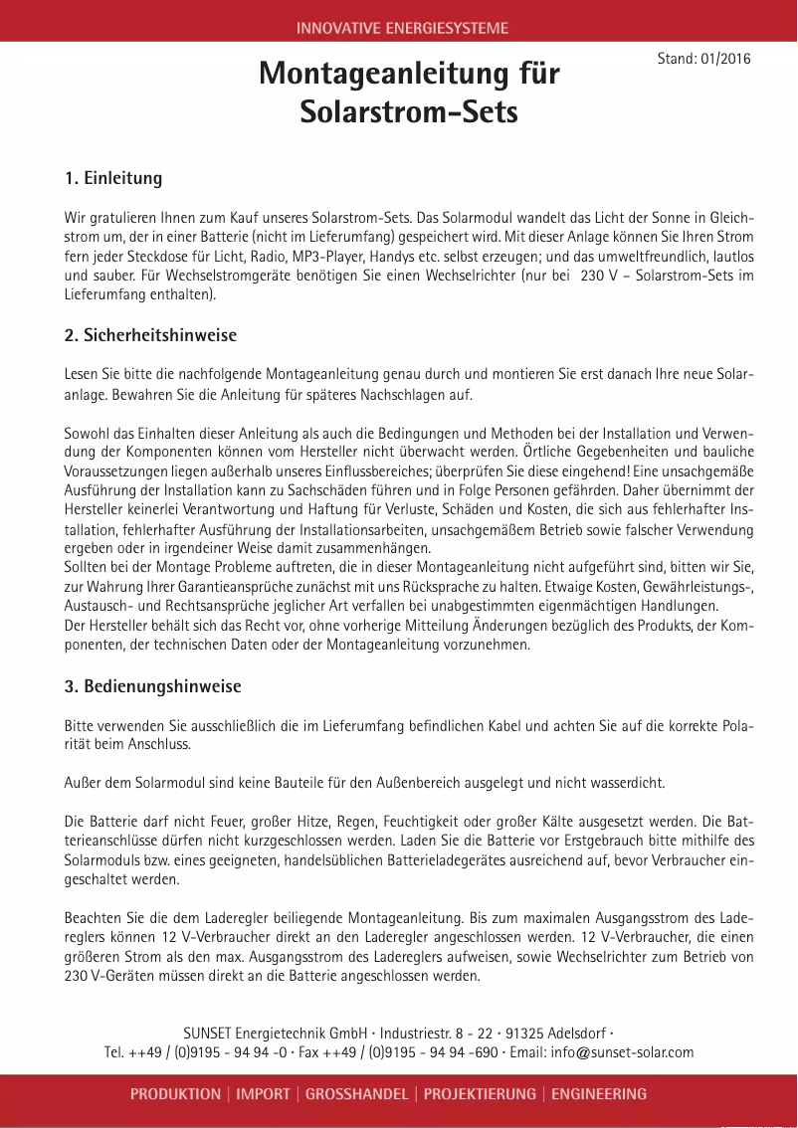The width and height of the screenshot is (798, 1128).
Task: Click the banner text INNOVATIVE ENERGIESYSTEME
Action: (x=402, y=28)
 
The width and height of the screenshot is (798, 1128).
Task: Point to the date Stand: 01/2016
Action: (x=703, y=59)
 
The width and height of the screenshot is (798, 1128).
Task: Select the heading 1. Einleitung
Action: (x=112, y=179)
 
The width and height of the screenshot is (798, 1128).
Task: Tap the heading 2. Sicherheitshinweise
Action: (x=150, y=335)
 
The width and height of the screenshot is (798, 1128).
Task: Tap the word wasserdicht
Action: (x=629, y=783)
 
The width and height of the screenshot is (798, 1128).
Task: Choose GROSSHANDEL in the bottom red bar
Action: (x=356, y=1094)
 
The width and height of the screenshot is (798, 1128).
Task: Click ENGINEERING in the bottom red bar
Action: (x=599, y=1094)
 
